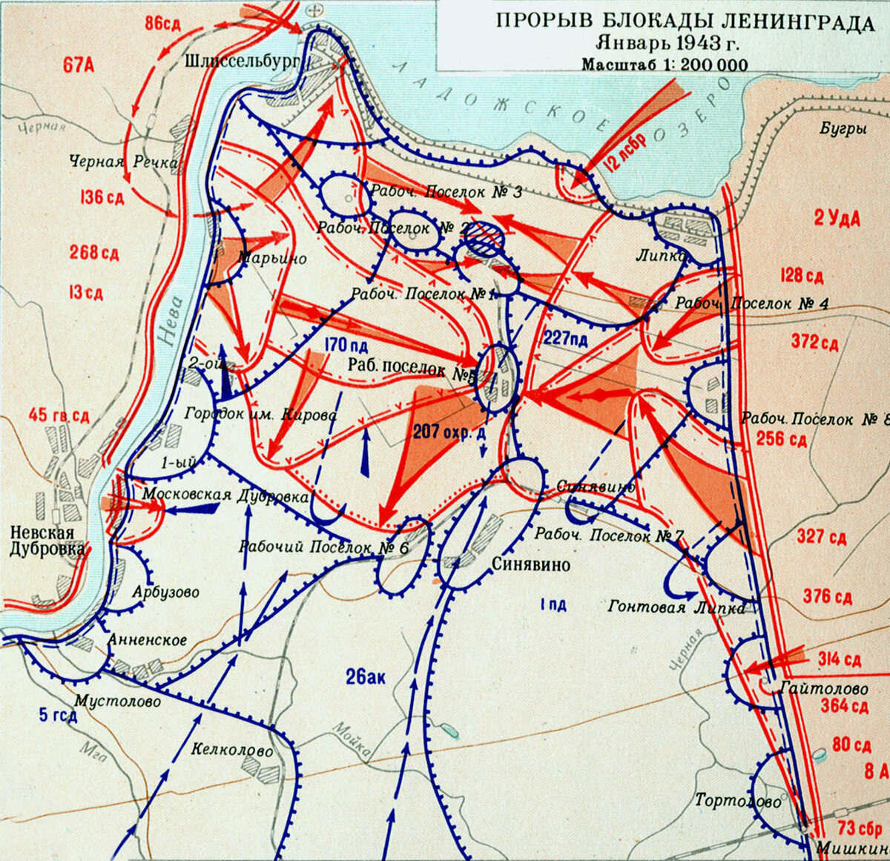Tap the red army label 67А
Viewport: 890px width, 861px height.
click(79, 65)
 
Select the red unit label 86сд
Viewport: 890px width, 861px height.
click(163, 22)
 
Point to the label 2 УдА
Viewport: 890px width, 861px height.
click(837, 220)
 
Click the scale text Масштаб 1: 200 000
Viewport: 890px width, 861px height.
click(664, 65)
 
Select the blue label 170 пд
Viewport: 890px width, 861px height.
click(346, 345)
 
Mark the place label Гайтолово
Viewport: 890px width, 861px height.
click(824, 689)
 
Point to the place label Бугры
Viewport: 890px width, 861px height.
click(843, 128)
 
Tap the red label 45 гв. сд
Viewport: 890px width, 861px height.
click(59, 415)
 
